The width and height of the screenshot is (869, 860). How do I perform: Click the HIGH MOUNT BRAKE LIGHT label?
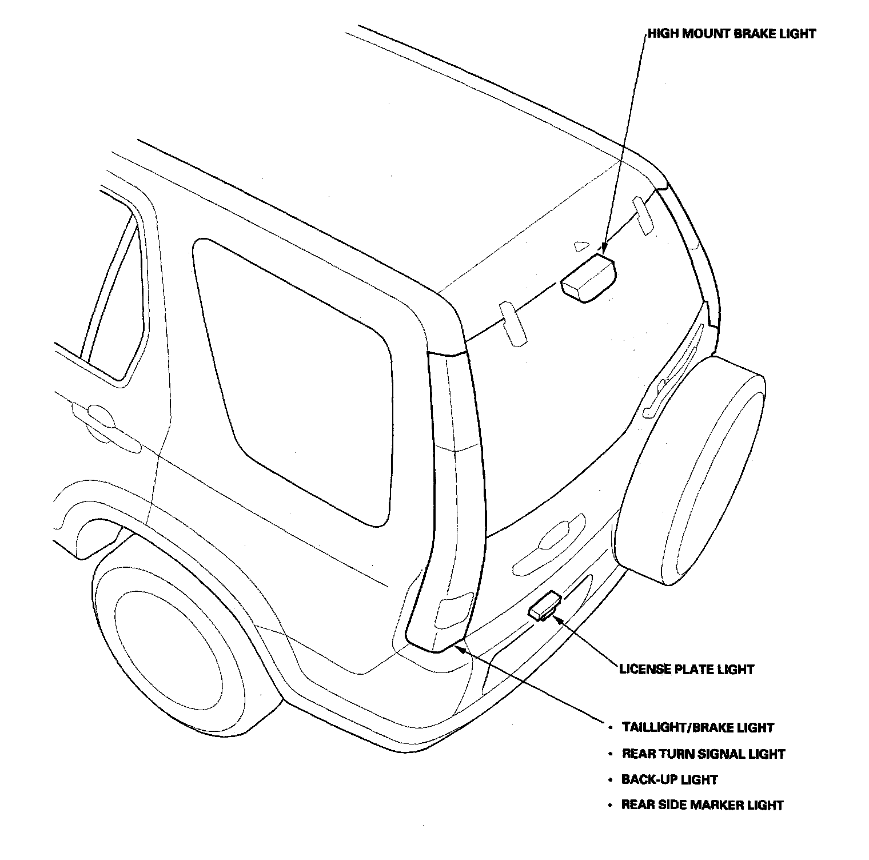[732, 34]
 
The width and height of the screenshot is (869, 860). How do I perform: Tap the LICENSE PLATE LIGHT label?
[687, 669]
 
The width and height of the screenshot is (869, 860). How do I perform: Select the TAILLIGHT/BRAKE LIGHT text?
[697, 728]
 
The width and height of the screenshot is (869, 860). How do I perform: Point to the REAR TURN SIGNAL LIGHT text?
[703, 754]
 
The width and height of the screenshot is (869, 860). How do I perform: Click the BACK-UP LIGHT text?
[669, 779]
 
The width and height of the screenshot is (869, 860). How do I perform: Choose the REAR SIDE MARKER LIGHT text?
[702, 805]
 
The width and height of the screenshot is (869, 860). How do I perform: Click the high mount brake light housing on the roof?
[588, 278]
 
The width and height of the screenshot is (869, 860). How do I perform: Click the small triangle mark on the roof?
[581, 245]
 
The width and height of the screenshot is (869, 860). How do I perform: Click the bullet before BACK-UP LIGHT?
[609, 780]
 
